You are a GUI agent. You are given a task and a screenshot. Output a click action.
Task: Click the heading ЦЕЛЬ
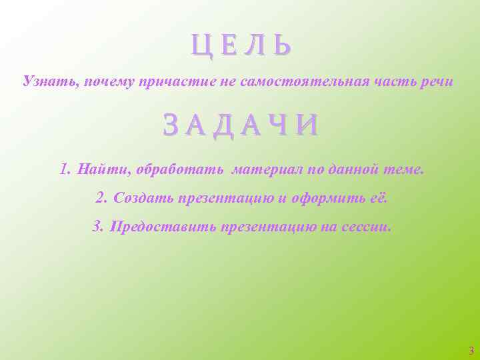(241, 46)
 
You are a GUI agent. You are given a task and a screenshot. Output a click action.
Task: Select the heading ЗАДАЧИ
(240, 125)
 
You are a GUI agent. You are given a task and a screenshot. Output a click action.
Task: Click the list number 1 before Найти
(64, 169)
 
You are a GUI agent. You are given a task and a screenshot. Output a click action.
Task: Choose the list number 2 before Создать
(101, 198)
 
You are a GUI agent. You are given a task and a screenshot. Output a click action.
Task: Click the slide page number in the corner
(471, 350)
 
